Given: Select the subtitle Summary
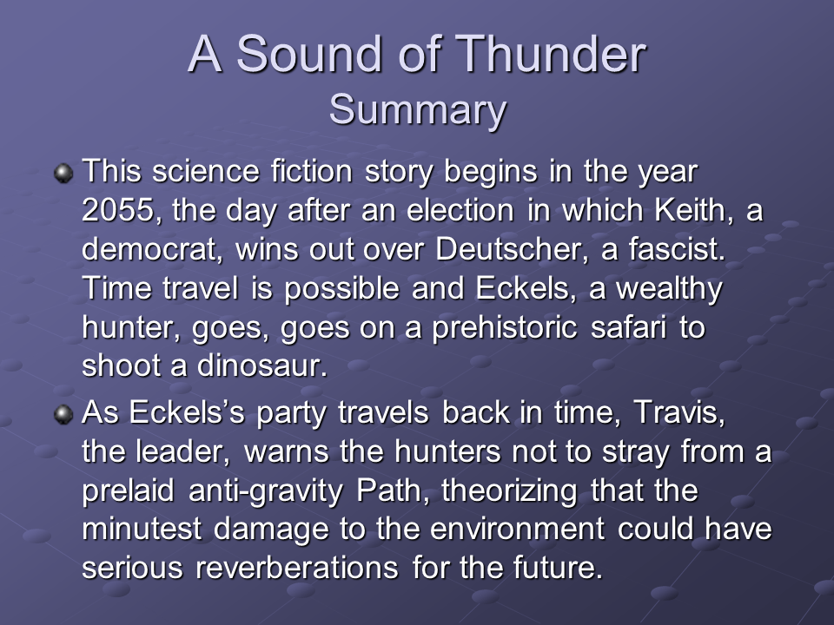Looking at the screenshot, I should click(417, 110).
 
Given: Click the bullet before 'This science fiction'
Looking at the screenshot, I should click(63, 174).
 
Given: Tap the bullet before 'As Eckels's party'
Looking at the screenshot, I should click(63, 416).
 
